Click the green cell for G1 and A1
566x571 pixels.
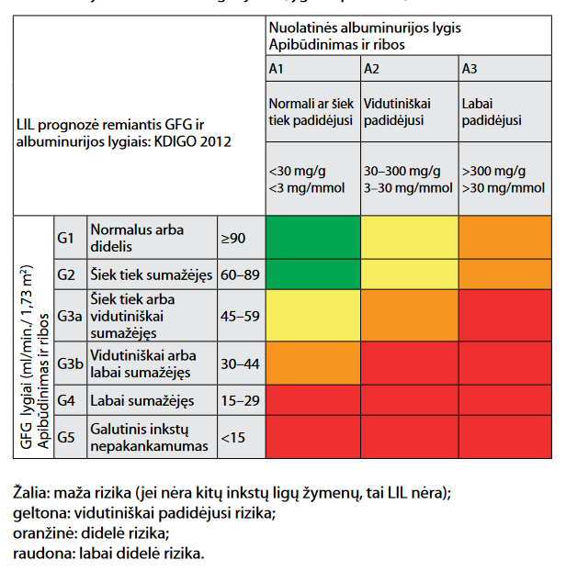point(311,239)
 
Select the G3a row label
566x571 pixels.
point(70,316)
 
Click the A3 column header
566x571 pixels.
point(470,69)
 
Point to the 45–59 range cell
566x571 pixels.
point(240,316)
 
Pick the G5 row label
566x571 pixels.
point(65,437)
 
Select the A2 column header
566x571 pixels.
point(372,69)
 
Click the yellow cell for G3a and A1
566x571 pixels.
point(311,316)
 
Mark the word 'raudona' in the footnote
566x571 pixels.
point(41,554)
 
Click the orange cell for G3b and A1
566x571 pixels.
point(311,363)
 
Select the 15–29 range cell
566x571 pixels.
point(240,400)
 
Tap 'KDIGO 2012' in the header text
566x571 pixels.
point(197,141)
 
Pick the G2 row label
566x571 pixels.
point(65,274)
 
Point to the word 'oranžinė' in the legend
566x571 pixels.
point(43,533)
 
